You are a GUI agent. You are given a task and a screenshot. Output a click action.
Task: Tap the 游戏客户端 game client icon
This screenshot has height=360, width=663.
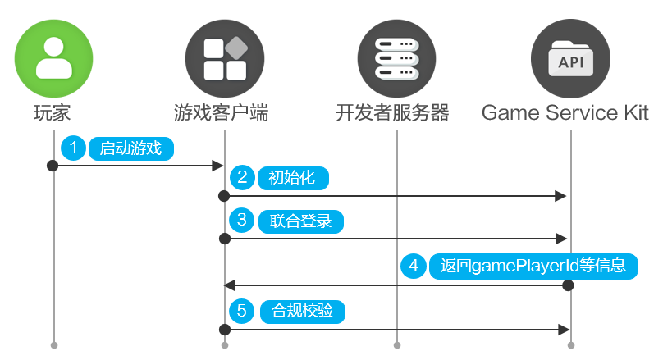pyautogui.click(x=224, y=55)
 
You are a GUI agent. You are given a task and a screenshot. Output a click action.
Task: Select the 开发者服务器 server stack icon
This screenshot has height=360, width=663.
pyautogui.click(x=396, y=55)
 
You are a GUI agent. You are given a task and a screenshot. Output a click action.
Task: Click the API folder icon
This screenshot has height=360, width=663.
pyautogui.click(x=571, y=55)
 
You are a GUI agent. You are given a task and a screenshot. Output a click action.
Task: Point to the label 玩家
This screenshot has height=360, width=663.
pyautogui.click(x=53, y=112)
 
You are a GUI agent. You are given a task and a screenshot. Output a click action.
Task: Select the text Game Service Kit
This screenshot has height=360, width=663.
pyautogui.click(x=565, y=112)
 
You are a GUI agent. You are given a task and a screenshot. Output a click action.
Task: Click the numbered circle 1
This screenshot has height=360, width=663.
pyautogui.click(x=74, y=148)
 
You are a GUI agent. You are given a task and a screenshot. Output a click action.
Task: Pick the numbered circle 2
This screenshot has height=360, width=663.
pyautogui.click(x=243, y=177)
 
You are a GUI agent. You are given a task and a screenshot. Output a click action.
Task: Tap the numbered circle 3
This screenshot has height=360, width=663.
pyautogui.click(x=243, y=221)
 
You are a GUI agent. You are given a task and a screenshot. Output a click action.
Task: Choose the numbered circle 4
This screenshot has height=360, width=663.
pyautogui.click(x=414, y=266)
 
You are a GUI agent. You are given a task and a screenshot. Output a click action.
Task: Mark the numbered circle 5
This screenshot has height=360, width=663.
pyautogui.click(x=243, y=311)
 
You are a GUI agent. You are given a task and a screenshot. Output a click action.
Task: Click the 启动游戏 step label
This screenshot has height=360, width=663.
pyautogui.click(x=131, y=148)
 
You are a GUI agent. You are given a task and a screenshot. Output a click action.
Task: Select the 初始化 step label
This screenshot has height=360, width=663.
pyautogui.click(x=292, y=178)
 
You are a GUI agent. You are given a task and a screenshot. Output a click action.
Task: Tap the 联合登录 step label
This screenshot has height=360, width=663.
pyautogui.click(x=300, y=221)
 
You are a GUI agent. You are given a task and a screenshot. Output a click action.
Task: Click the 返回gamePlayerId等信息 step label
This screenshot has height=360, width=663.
pyautogui.click(x=533, y=267)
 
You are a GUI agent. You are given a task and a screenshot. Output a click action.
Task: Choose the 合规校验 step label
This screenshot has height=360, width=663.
pyautogui.click(x=301, y=312)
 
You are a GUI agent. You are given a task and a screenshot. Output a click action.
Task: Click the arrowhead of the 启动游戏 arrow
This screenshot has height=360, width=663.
pyautogui.click(x=218, y=166)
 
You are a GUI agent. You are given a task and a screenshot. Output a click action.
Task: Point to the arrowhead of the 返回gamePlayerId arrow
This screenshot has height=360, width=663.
pyautogui.click(x=230, y=285)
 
